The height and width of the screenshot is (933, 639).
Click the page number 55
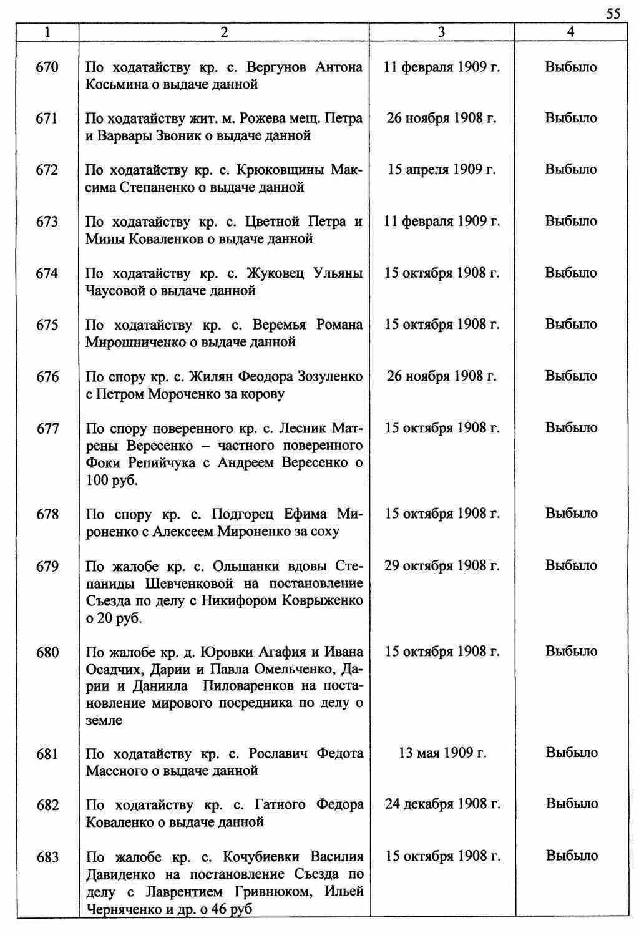click(613, 14)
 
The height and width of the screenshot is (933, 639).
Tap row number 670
click(47, 67)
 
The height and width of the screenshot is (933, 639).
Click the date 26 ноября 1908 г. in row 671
click(441, 118)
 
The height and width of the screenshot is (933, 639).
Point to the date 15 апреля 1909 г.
click(441, 170)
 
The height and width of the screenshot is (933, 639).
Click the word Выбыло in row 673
click(570, 221)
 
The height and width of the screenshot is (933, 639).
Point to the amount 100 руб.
click(112, 481)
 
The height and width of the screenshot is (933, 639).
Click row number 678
click(47, 514)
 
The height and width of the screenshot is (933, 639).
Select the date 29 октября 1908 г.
click(441, 566)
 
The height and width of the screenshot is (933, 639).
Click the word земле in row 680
click(104, 721)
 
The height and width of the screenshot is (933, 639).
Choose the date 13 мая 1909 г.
click(441, 753)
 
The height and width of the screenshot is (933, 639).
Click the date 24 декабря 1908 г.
click(442, 804)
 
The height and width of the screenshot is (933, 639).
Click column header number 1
click(47, 32)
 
